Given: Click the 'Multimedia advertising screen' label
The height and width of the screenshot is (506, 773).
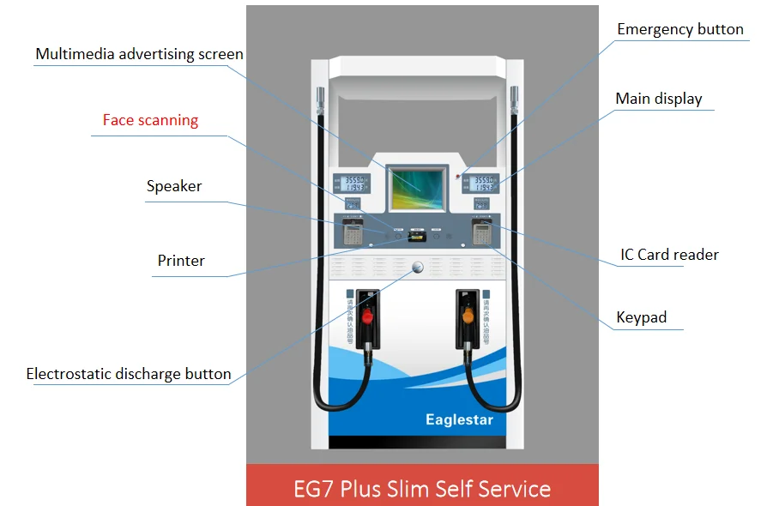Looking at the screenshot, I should (139, 54).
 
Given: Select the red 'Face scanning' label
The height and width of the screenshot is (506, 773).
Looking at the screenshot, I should (150, 120).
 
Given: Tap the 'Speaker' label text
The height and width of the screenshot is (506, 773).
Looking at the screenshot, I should (174, 186).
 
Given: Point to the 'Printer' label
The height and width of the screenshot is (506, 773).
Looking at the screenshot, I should (181, 261).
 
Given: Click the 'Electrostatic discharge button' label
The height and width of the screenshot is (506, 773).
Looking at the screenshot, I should (129, 374).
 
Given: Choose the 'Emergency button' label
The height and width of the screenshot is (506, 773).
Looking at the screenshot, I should (680, 29).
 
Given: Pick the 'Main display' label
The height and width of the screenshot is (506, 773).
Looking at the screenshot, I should (658, 99).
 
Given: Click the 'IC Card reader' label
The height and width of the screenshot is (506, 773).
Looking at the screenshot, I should (669, 255).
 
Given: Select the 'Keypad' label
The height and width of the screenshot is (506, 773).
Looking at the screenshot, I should (641, 317).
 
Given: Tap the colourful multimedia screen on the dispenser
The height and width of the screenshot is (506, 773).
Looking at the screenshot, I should (418, 187).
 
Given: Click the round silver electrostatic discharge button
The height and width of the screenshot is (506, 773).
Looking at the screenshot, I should (419, 267).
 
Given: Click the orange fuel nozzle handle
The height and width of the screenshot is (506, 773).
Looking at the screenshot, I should (468, 316).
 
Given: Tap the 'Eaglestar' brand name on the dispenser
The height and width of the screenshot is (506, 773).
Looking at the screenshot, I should (459, 419).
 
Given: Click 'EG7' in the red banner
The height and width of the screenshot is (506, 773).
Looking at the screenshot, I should (313, 489).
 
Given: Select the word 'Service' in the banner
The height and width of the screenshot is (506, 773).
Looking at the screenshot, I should (514, 489).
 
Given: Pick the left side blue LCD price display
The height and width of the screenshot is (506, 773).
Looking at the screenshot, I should (352, 183).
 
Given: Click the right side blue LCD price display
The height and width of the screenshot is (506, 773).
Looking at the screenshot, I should (483, 183).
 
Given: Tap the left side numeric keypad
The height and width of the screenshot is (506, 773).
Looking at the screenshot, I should (351, 232).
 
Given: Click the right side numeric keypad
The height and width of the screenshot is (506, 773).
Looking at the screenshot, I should (482, 232).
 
